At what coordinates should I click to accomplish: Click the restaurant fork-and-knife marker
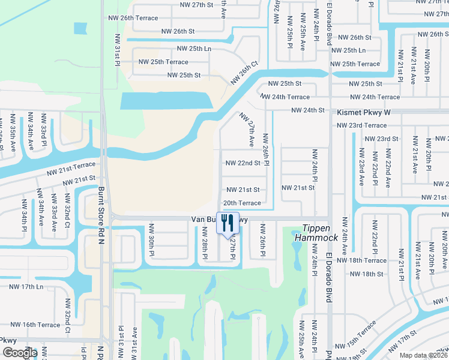tap(228, 223)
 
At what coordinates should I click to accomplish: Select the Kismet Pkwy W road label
tap(364, 112)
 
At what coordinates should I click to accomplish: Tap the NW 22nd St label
tap(243, 163)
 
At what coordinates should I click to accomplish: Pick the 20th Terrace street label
tap(242, 203)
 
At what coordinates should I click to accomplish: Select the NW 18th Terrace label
tap(361, 260)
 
